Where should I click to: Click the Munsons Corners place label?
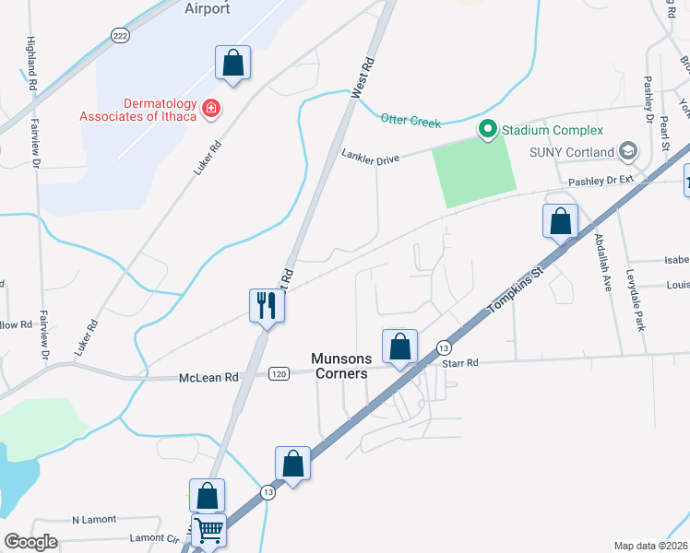click(x=339, y=366)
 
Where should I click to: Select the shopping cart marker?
click(x=209, y=531)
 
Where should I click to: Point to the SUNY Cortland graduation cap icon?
click(x=628, y=151)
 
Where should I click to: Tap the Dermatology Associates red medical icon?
click(x=211, y=109)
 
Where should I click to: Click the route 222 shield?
click(x=119, y=34)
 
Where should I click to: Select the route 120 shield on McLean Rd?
click(x=280, y=373)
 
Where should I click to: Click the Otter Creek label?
click(x=410, y=121)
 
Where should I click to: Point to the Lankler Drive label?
click(x=370, y=158)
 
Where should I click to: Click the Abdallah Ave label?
click(x=601, y=262)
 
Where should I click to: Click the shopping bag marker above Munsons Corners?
click(x=399, y=347)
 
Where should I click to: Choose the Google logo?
click(x=30, y=542)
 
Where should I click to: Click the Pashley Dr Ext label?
click(x=602, y=182)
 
